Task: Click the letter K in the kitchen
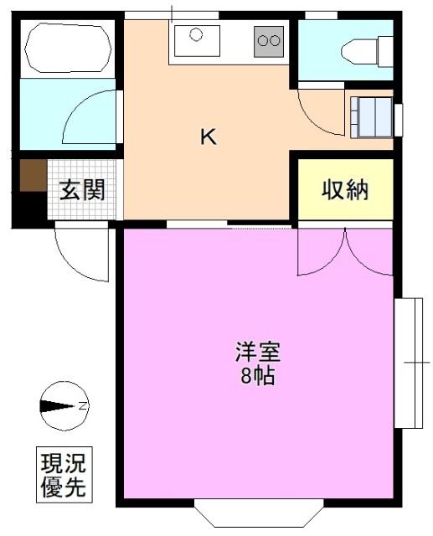point(208,137)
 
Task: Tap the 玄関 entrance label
point(81,191)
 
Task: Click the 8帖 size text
point(257,376)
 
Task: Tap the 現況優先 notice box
point(64,474)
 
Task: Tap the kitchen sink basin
point(198,38)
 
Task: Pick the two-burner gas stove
point(269,39)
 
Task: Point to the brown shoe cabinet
point(32,177)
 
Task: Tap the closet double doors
point(345,251)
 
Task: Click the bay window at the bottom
point(257,513)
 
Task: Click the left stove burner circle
point(263,39)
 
